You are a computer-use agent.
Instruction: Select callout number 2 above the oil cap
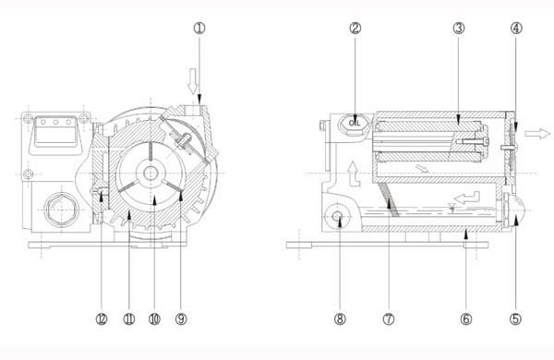[355, 28]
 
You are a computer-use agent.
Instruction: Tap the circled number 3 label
[458, 28]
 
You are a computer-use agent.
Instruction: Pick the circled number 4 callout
[515, 28]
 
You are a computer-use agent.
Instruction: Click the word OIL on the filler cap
[355, 120]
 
